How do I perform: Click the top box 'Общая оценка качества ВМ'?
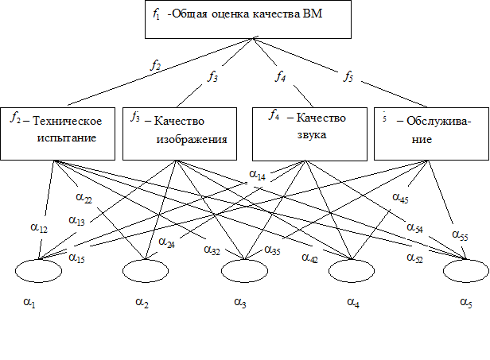(x=247, y=19)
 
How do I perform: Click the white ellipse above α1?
(x=38, y=271)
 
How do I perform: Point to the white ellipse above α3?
(x=244, y=271)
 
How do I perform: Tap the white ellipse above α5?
(x=466, y=271)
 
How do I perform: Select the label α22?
(x=85, y=196)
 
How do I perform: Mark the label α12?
(x=40, y=229)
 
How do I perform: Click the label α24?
(x=167, y=242)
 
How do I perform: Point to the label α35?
(x=273, y=250)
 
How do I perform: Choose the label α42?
(x=310, y=257)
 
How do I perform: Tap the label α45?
(x=401, y=196)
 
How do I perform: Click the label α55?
(x=461, y=234)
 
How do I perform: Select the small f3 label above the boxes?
(x=212, y=76)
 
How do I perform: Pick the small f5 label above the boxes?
(x=350, y=76)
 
